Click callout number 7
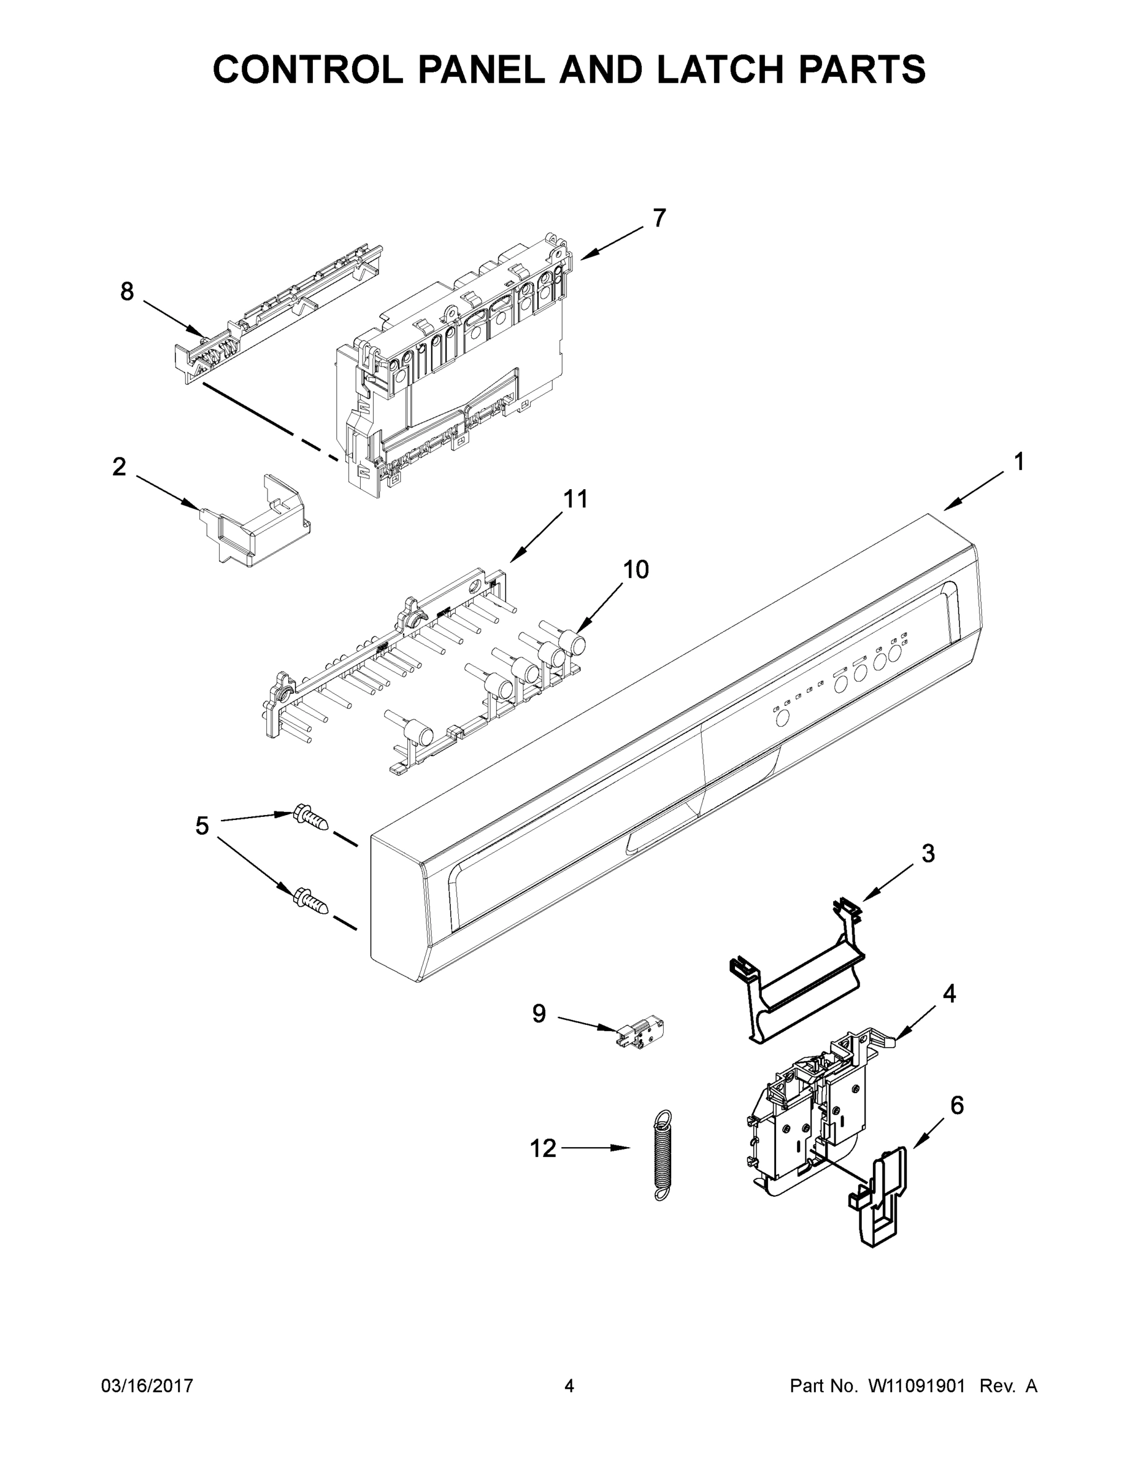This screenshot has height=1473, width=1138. tap(659, 218)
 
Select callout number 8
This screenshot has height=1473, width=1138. tap(127, 292)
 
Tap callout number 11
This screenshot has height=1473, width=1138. tap(575, 499)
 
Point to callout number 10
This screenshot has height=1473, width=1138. tap(635, 570)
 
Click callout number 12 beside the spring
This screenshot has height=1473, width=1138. tap(543, 1148)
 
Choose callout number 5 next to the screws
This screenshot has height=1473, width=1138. tap(202, 825)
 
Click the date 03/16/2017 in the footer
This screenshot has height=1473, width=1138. tap(147, 1386)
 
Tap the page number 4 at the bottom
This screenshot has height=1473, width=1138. tap(569, 1386)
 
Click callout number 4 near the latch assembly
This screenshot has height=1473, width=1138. tap(949, 994)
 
